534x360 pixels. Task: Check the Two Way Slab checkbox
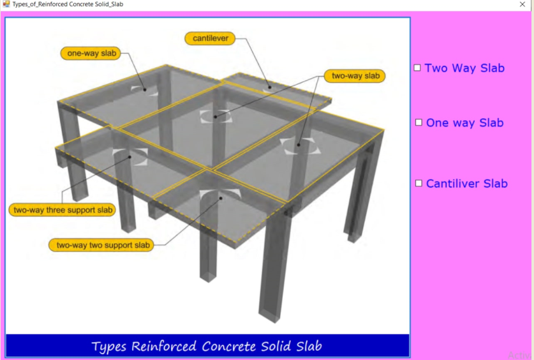pos(417,68)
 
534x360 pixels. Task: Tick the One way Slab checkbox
pos(419,123)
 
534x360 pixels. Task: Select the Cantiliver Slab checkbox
pos(419,183)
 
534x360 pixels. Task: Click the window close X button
pos(523,4)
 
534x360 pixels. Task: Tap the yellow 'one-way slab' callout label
pos(91,54)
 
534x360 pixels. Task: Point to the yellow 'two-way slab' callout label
pos(355,76)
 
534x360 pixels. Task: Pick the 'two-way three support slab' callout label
pos(63,210)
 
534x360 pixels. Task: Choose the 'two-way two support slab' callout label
pos(101,245)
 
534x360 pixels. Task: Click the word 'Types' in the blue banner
pos(110,347)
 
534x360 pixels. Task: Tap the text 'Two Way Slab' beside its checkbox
pos(464,68)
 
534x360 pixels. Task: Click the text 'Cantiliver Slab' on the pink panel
pos(467,184)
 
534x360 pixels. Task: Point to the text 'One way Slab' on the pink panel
pos(465,123)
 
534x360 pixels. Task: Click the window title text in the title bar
pos(68,4)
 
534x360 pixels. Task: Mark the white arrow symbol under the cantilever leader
pos(269,89)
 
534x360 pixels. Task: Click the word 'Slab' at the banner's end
pos(309,347)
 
